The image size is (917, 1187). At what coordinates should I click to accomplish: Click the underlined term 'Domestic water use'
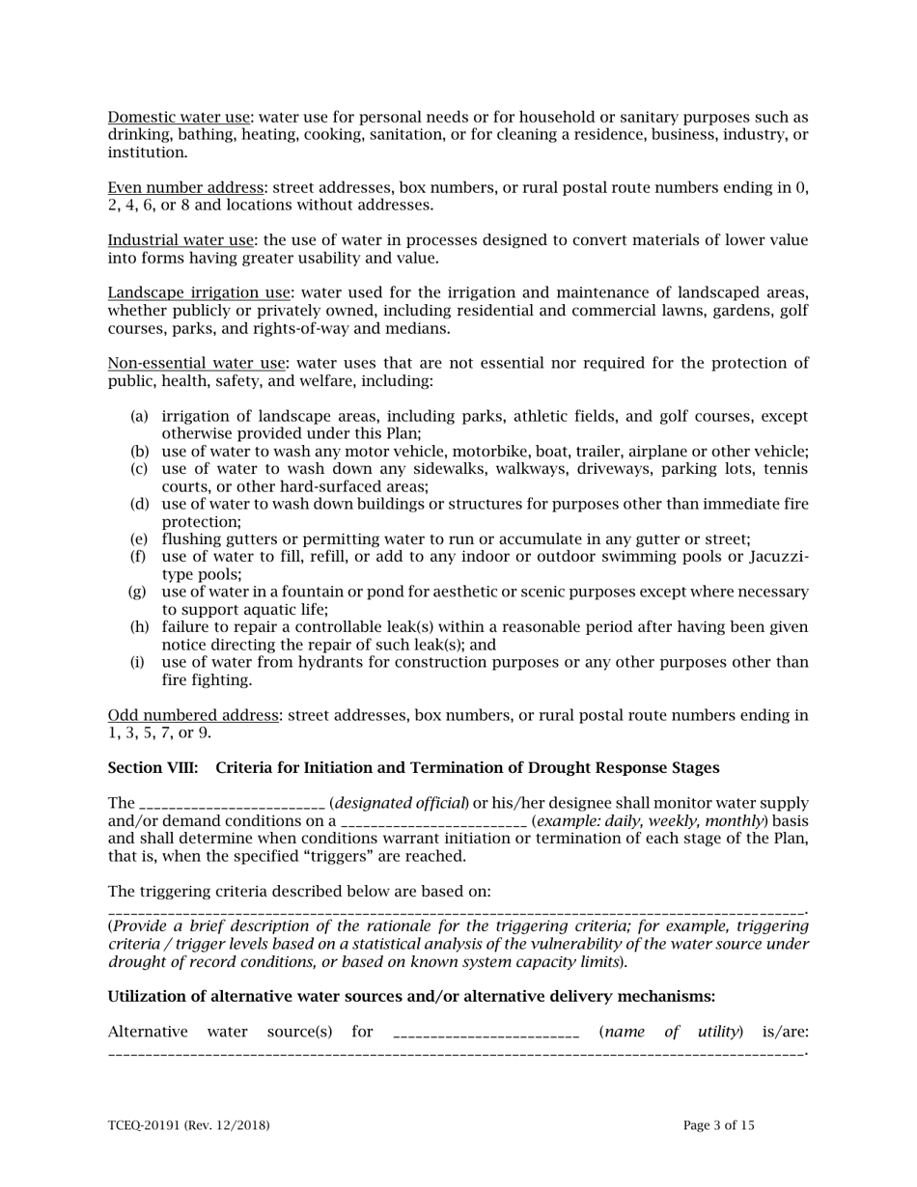point(179,118)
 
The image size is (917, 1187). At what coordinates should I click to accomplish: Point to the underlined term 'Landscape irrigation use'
point(199,293)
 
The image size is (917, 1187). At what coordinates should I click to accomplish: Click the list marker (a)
point(139,417)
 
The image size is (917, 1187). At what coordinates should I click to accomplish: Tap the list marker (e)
point(139,539)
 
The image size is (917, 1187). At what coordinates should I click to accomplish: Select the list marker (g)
point(138,593)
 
